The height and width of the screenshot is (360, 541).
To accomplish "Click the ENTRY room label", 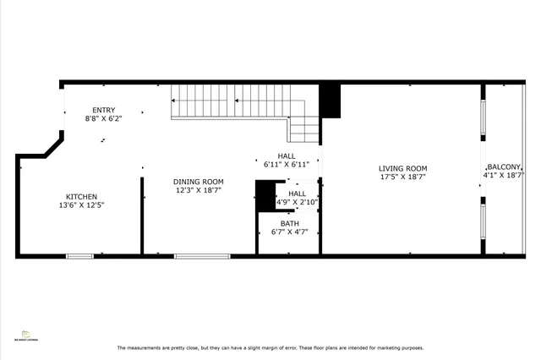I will point(104,110).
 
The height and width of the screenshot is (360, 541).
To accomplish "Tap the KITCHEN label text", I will point(82,196).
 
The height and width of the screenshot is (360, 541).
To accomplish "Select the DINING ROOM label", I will point(199,182).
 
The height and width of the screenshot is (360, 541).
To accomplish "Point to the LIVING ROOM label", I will point(402,168).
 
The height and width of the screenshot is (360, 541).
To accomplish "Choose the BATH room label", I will point(290,224).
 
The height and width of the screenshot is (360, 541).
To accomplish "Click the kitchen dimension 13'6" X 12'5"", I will point(82,205).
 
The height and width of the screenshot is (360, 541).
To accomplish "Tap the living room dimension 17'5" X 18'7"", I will point(402,177).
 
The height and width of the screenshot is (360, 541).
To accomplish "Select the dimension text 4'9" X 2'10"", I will point(296,202).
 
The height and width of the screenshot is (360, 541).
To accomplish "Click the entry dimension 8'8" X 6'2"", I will point(104,119).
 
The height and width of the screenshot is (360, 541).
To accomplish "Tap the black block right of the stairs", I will point(330,101).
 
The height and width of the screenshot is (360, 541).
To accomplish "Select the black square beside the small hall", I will point(265,197).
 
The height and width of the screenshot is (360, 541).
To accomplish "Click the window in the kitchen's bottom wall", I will point(79,255).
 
